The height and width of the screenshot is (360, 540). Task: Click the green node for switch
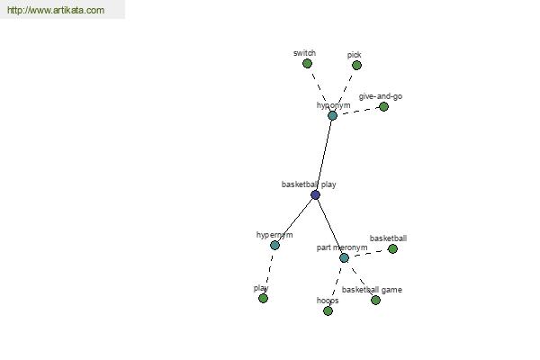click(x=307, y=63)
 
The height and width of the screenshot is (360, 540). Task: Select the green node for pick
click(x=356, y=65)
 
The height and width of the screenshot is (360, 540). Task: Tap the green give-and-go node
click(x=383, y=107)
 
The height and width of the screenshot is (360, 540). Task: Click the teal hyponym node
click(x=332, y=115)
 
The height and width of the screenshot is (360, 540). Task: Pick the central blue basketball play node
click(x=316, y=195)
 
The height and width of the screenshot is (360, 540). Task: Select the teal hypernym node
click(x=274, y=246)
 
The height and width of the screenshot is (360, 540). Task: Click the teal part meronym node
click(x=344, y=257)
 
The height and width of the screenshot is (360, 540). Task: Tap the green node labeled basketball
click(x=393, y=248)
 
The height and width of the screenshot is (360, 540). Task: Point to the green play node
click(x=263, y=298)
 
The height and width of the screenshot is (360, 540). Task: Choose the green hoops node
click(x=328, y=311)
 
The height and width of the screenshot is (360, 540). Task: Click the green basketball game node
click(x=375, y=301)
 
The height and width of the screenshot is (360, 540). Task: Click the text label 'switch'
click(x=304, y=53)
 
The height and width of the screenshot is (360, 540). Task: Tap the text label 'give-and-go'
click(x=381, y=96)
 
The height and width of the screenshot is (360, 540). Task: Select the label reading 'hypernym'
click(x=274, y=235)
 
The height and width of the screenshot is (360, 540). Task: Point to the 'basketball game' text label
click(x=372, y=290)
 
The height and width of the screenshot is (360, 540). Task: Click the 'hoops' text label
click(x=328, y=301)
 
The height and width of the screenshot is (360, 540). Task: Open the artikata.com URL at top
click(x=56, y=10)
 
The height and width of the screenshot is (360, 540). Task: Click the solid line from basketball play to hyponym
click(x=324, y=155)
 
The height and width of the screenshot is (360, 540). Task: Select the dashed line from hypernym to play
click(x=268, y=272)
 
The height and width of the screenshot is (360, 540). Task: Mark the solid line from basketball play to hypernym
click(x=295, y=220)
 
